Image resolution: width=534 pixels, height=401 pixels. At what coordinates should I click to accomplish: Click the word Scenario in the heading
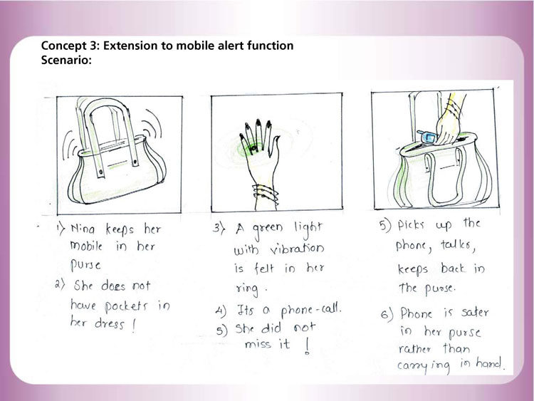coord(66,60)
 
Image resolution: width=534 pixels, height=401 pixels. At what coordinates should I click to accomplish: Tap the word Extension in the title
coord(130,46)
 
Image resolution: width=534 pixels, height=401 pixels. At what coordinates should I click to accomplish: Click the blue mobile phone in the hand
coord(427,137)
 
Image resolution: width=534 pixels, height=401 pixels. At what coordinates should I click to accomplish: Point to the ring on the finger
coord(253,148)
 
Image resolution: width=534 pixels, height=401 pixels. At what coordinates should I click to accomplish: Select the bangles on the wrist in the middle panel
coord(266,195)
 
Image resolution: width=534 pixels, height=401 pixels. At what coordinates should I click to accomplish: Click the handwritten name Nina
coord(83,229)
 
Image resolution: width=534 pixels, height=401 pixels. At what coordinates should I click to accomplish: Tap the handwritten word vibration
coord(298,249)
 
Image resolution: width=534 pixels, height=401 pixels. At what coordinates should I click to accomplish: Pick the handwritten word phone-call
coord(310,310)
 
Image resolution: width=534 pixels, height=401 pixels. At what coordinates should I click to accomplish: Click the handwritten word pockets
coord(126,306)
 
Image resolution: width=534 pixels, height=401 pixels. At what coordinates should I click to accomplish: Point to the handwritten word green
coord(268,229)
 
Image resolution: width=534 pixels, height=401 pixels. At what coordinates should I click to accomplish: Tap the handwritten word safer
coord(475,312)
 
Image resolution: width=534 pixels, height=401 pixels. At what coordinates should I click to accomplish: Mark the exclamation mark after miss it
coord(307,346)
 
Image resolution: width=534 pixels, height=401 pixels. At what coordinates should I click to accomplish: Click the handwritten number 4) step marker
coord(221,311)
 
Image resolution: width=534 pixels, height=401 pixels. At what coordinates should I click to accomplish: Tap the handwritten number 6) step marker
coord(387,314)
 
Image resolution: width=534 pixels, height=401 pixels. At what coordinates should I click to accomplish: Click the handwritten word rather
coord(415,348)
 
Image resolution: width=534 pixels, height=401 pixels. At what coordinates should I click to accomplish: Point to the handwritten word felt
coord(264,269)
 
